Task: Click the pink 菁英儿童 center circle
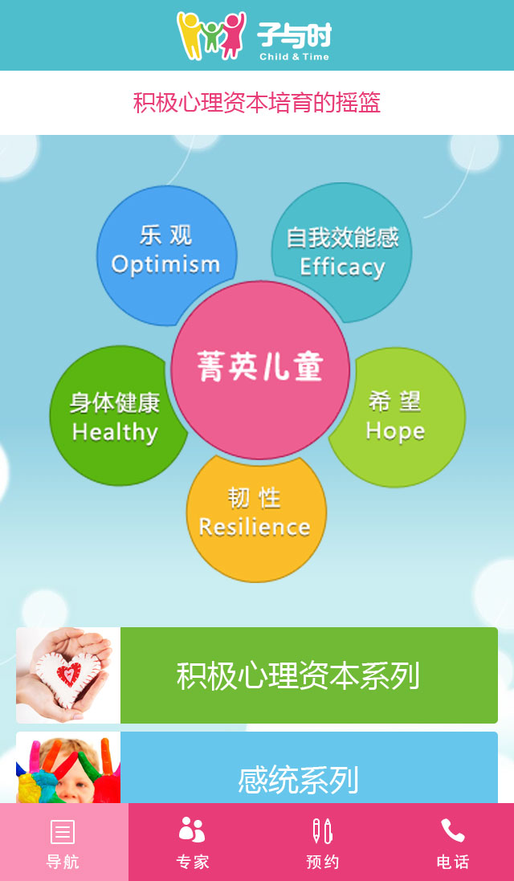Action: coord(260,369)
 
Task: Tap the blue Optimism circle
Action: coord(165,253)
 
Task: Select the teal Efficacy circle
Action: coord(342,251)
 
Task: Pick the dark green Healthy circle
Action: coord(116,416)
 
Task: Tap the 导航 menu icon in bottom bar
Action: coord(63,831)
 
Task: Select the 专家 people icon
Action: coord(192,830)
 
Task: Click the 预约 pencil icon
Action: coord(322,831)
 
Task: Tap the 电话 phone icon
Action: coord(453,830)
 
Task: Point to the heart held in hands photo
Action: coord(68,675)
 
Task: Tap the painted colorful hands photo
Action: coord(68,768)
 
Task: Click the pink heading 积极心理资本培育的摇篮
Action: coord(257,103)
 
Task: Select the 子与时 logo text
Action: coord(295,35)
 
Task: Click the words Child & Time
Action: coord(295,57)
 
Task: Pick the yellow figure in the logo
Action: coord(190,35)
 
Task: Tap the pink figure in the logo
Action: coord(233,35)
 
